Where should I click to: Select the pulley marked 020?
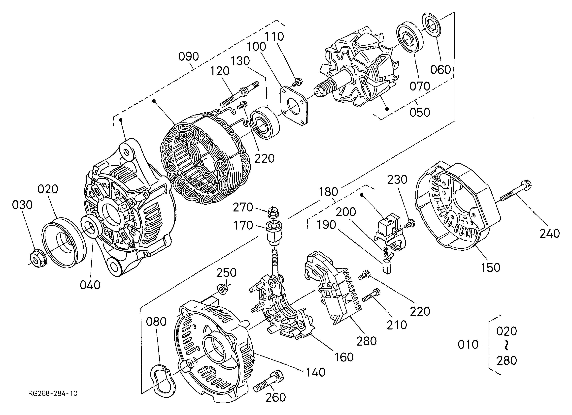[x=64, y=243]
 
